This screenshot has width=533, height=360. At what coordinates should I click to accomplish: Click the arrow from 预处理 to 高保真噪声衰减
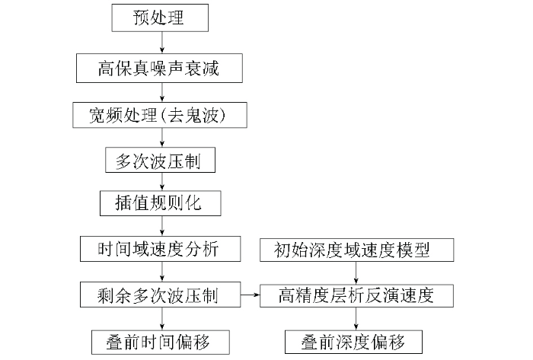coord(162,43)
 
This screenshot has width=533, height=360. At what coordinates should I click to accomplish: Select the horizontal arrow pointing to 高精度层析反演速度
coord(251,295)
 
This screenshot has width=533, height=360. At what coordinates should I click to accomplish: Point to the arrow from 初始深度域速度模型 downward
coord(356,272)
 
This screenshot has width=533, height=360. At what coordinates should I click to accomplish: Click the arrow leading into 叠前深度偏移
coord(356,319)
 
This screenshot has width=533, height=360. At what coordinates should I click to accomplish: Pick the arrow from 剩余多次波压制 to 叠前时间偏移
coord(162,319)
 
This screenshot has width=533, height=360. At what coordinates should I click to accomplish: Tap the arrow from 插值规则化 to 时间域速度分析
coord(162,226)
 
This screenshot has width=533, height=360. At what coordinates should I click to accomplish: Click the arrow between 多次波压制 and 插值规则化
coord(162,181)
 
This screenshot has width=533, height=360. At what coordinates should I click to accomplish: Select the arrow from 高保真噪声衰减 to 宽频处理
coord(162,92)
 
